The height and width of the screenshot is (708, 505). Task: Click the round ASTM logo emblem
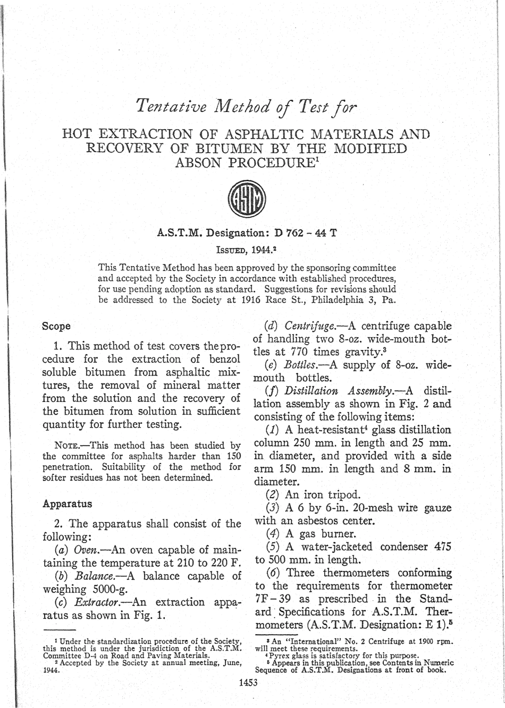(x=247, y=200)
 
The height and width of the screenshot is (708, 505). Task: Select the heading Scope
(x=56, y=326)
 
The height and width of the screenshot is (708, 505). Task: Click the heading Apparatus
(x=67, y=504)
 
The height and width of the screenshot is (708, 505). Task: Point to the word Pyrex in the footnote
(x=280, y=655)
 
